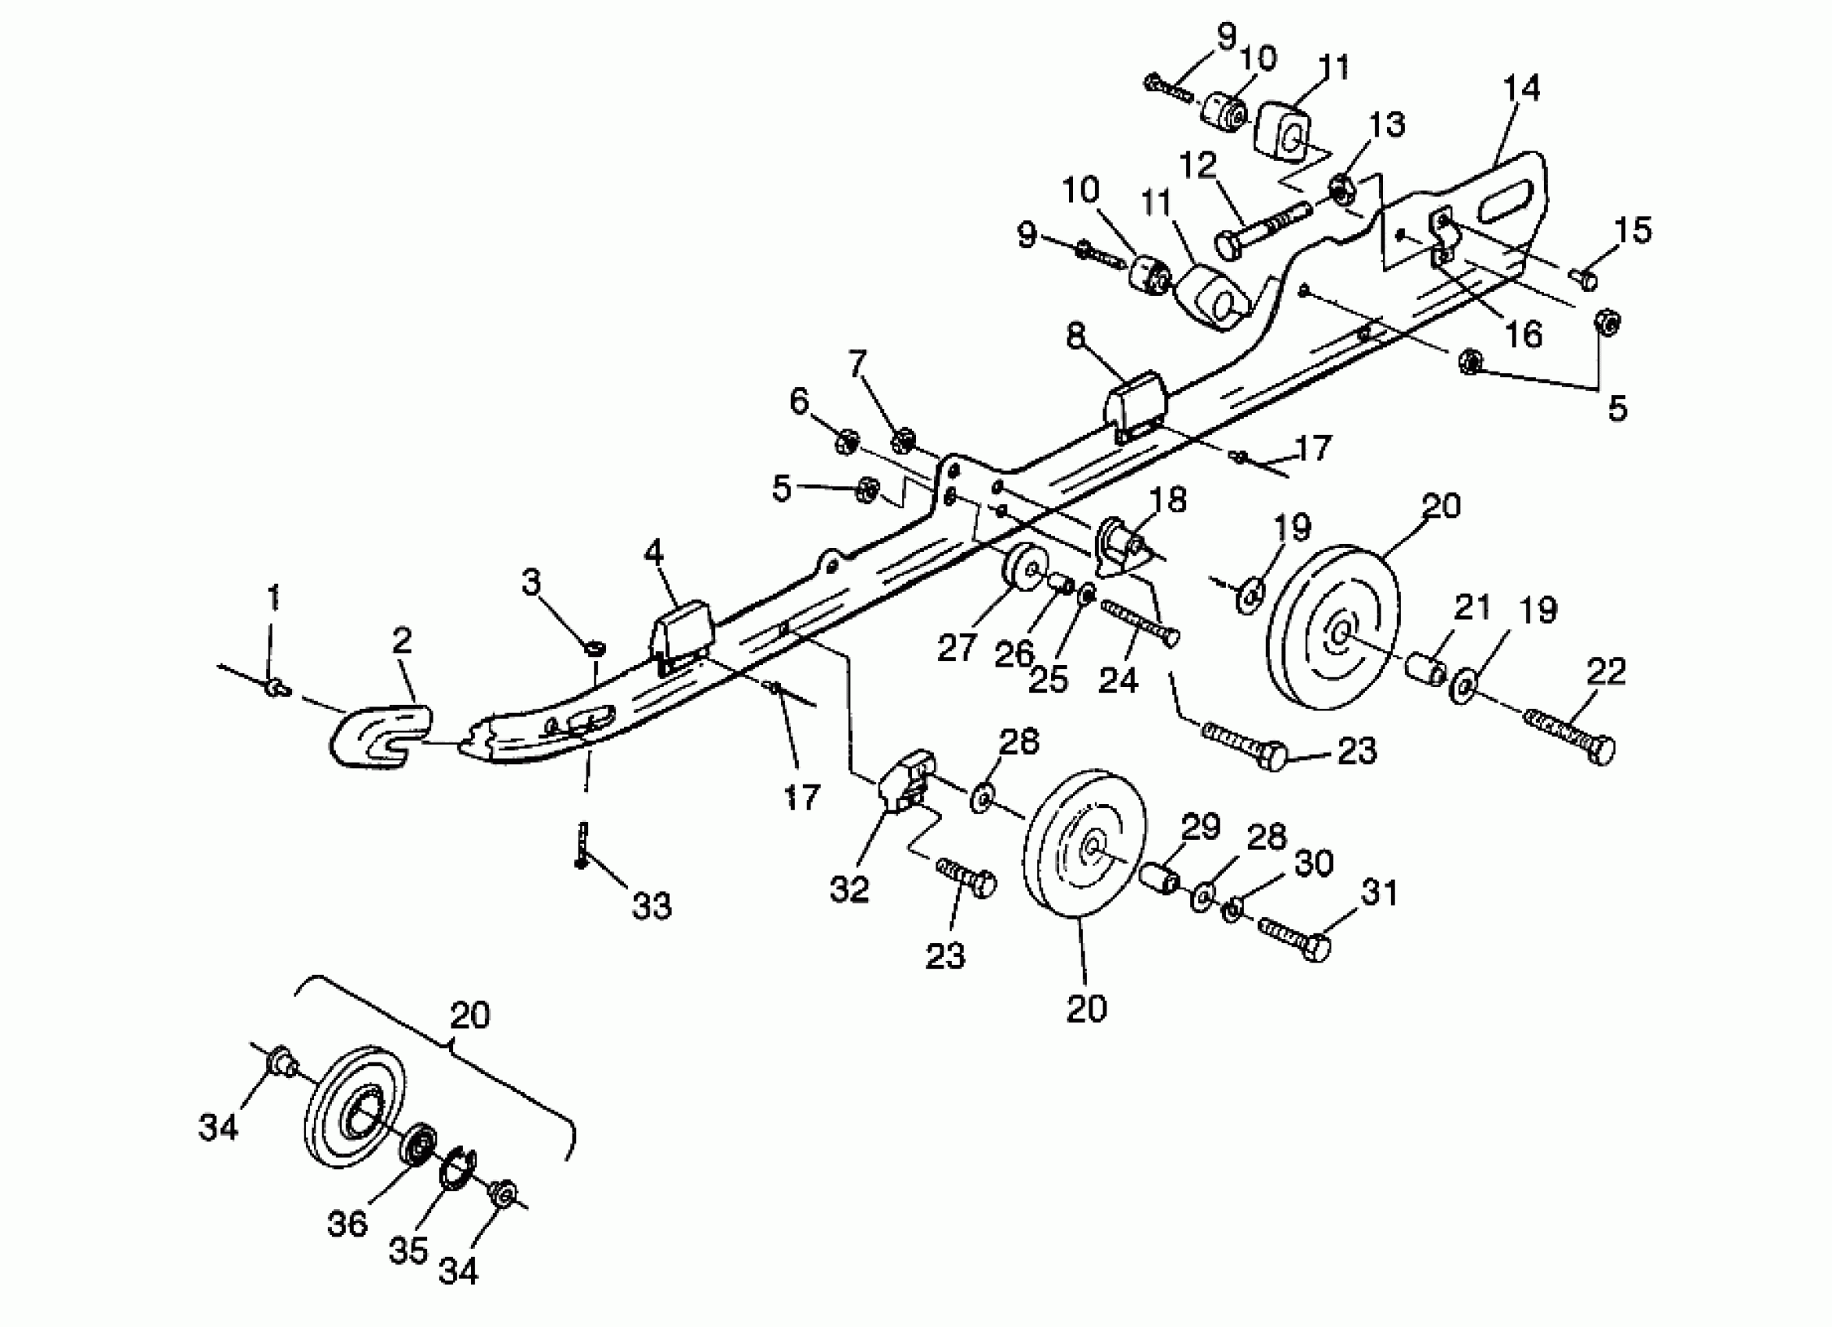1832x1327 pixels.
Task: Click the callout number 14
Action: click(x=1521, y=88)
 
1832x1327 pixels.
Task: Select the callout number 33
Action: click(x=651, y=907)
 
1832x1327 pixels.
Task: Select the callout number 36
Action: click(x=348, y=1225)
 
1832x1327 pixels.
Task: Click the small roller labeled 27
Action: click(x=1025, y=569)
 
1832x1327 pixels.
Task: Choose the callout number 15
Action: click(x=1634, y=231)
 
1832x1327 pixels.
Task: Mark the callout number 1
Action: click(x=273, y=599)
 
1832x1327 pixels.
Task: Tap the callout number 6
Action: click(x=798, y=400)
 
